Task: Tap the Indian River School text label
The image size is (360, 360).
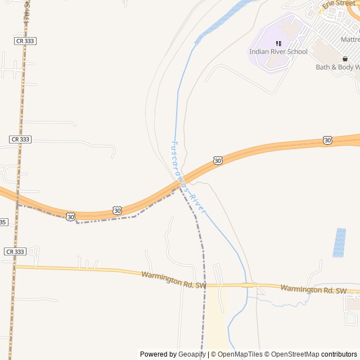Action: click(278, 52)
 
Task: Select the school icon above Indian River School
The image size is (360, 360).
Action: click(278, 43)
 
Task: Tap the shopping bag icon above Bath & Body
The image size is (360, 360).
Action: click(345, 58)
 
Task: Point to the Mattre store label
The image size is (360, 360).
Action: click(350, 40)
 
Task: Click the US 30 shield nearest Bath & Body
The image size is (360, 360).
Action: click(327, 140)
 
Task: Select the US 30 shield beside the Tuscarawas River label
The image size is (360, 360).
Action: click(218, 161)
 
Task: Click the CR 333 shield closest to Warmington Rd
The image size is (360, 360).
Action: click(15, 251)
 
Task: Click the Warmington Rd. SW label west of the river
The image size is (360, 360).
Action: click(174, 280)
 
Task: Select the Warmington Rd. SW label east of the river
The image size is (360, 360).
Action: click(313, 289)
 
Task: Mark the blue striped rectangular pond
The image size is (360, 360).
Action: click(339, 242)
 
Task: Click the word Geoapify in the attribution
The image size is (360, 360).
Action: click(192, 354)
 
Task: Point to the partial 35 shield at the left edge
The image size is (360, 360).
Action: click(3, 222)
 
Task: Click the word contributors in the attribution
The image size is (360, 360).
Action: click(339, 354)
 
